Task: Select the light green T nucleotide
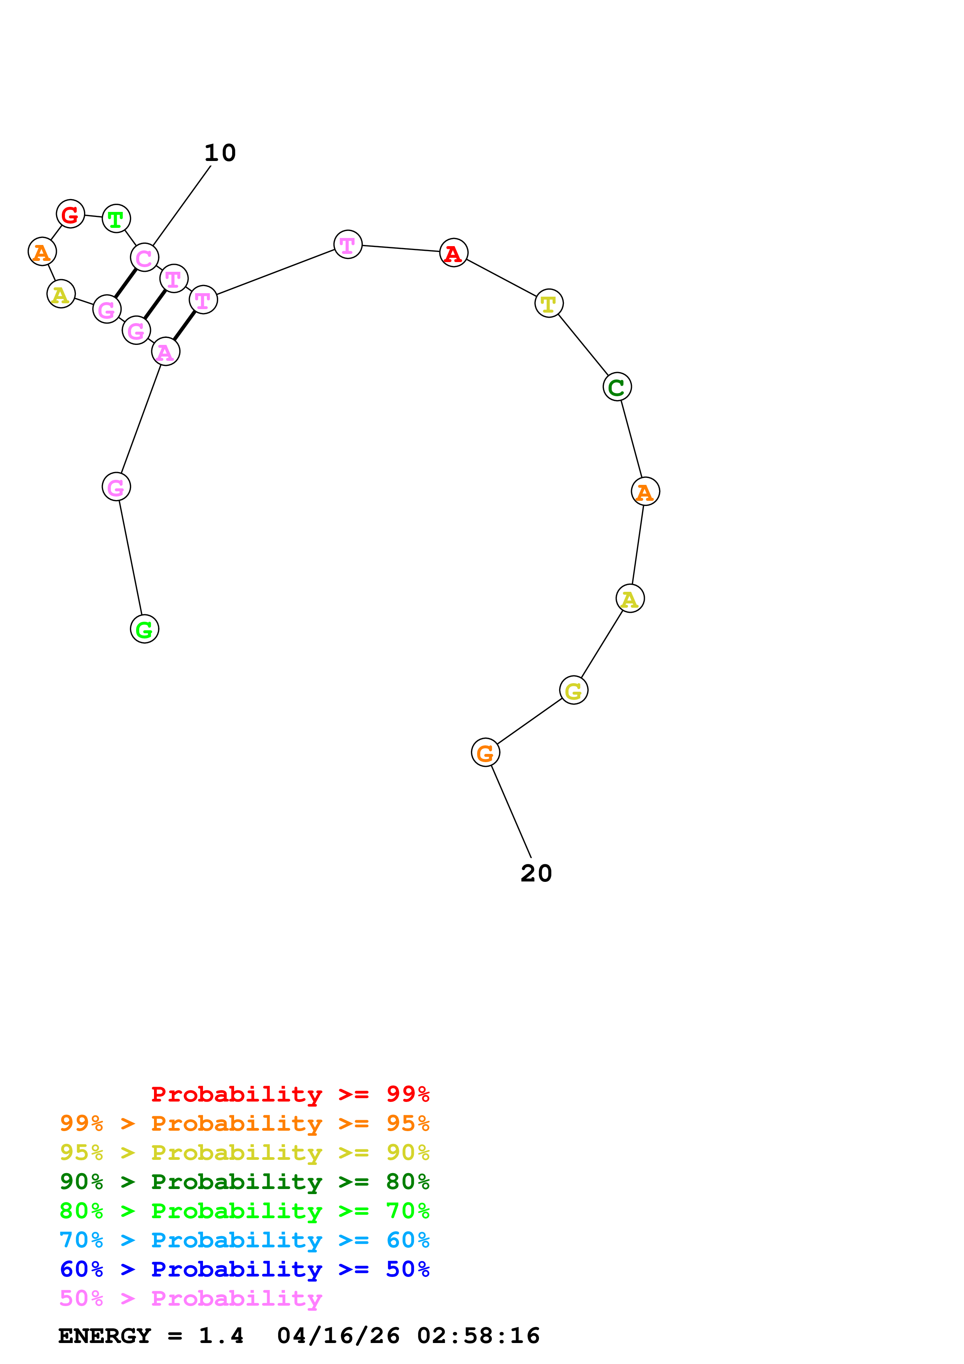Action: pos(116,219)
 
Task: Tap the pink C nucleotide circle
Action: pos(144,257)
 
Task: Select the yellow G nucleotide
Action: pos(573,690)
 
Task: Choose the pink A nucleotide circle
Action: pos(165,352)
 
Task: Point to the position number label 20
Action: pos(536,873)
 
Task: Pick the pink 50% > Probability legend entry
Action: pos(191,1298)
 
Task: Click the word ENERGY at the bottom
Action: pos(105,1336)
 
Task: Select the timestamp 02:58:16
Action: pos(478,1336)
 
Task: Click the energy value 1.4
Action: pos(221,1336)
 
